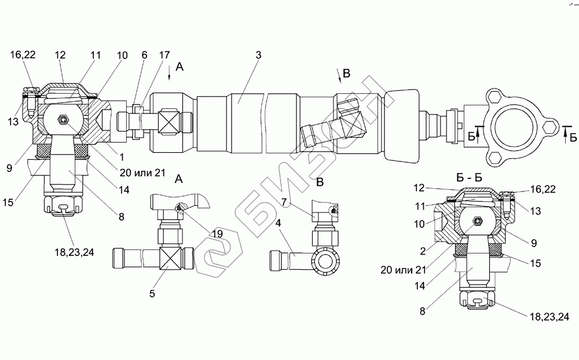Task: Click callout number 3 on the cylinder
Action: point(258,56)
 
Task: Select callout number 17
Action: point(164,56)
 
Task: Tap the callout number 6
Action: point(144,56)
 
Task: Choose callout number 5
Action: point(153,293)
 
